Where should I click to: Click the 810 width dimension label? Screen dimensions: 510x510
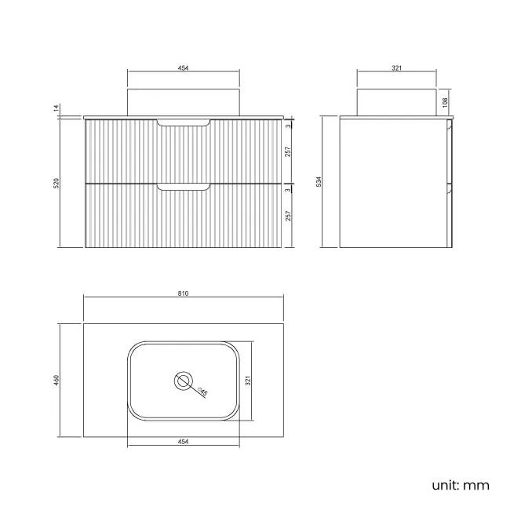183,293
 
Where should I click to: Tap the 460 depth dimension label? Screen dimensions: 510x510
56,381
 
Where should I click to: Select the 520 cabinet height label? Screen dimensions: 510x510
56,183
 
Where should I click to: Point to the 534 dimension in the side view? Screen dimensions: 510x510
319,181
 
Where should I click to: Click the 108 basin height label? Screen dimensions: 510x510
446,103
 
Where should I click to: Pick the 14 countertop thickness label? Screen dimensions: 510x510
56,108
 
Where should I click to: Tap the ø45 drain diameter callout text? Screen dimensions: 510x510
202,392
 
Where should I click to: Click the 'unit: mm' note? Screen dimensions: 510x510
461,485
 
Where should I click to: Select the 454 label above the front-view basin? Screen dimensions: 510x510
183,68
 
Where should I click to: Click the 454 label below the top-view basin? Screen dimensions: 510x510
183,442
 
